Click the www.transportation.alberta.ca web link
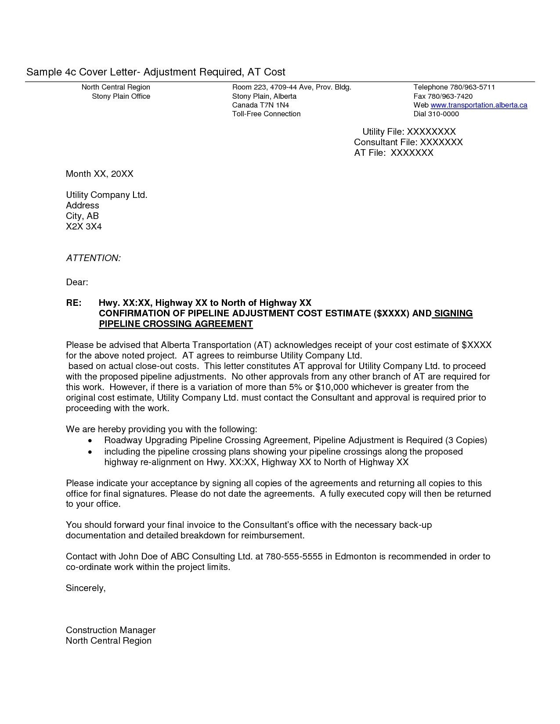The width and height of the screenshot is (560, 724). (x=479, y=105)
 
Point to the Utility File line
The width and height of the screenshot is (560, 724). (x=408, y=132)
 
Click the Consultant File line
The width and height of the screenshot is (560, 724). (x=408, y=142)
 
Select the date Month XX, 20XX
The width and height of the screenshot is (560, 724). (x=99, y=174)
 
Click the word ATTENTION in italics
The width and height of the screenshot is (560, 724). (x=93, y=258)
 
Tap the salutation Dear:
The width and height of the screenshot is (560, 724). (x=77, y=282)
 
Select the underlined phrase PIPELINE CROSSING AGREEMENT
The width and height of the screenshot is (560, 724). (x=176, y=324)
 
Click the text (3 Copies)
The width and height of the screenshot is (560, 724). (x=466, y=441)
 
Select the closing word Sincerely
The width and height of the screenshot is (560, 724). (x=85, y=588)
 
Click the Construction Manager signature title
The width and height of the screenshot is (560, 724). (x=111, y=630)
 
